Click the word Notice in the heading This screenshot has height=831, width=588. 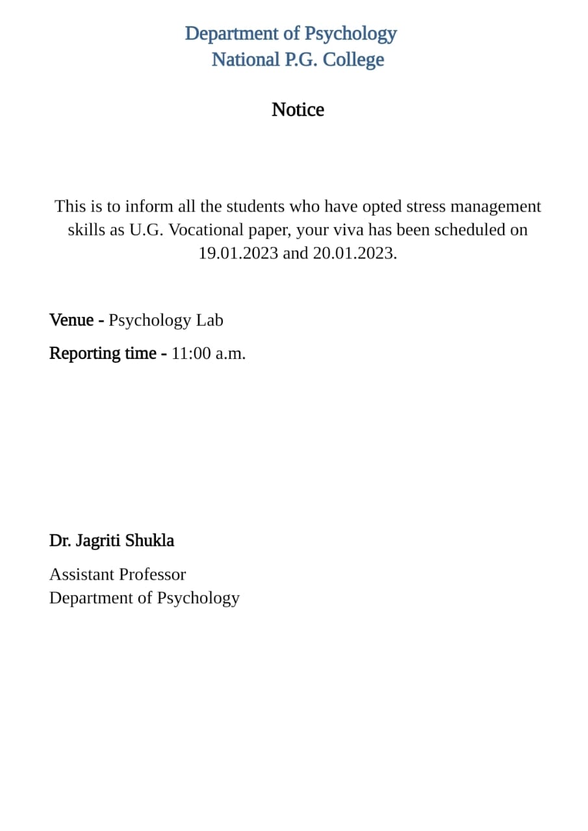coord(298,110)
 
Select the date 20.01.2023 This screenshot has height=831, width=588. coord(355,253)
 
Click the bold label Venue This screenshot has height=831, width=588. coord(71,320)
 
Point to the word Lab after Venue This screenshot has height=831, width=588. coord(209,320)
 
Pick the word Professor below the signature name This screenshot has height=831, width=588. coord(156,575)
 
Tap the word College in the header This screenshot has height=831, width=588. coord(353,60)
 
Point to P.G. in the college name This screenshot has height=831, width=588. coord(301,60)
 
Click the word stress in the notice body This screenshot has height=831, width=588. coord(426,206)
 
